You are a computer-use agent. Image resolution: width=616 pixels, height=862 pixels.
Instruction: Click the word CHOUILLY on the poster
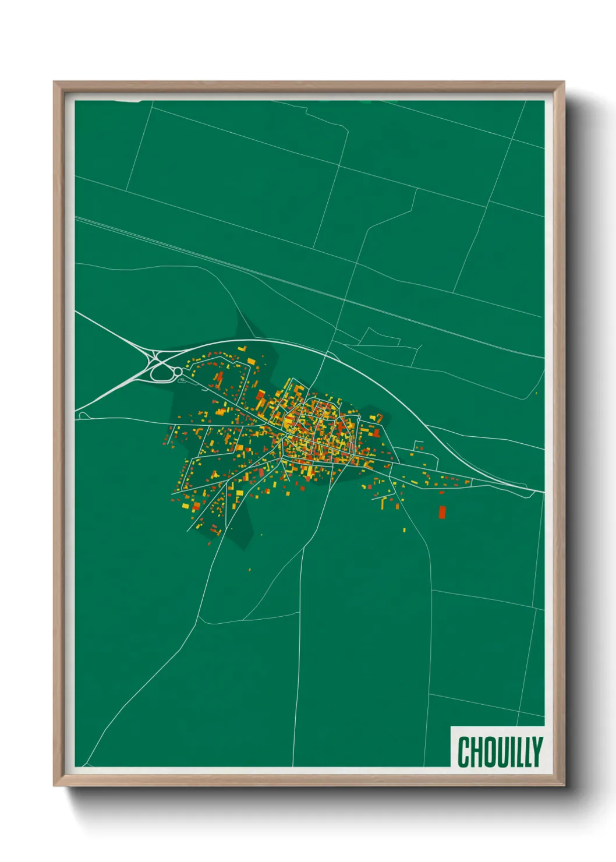(x=500, y=751)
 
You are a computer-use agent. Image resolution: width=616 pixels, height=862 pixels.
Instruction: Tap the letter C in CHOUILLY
(x=465, y=752)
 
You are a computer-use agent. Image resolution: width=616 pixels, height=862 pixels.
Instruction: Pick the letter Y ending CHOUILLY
(x=537, y=751)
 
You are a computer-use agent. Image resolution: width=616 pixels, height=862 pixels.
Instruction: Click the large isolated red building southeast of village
(x=442, y=512)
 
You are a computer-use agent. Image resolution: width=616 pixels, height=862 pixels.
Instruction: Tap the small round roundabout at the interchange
(x=178, y=372)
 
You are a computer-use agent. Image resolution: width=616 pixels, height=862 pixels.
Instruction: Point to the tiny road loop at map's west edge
(x=83, y=415)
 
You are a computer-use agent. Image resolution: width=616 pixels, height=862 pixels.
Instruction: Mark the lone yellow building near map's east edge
(x=536, y=394)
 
